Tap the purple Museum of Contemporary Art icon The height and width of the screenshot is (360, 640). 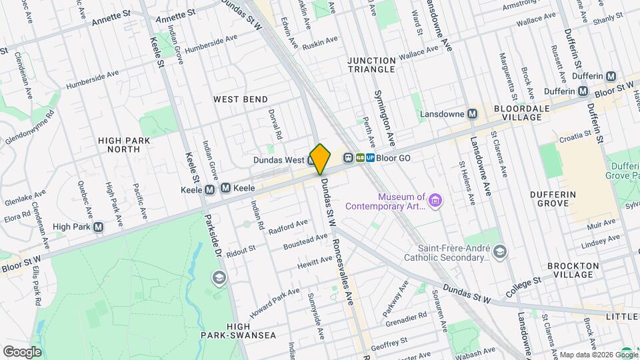pyautogui.click(x=435, y=200)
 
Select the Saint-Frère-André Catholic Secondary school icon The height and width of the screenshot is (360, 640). pyautogui.click(x=500, y=251)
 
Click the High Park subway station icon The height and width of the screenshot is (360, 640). pyautogui.click(x=99, y=227)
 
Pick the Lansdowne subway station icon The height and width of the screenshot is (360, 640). pyautogui.click(x=472, y=114)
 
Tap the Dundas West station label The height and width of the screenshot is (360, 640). pyautogui.click(x=279, y=160)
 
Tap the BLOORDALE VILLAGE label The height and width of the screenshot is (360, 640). pyautogui.click(x=522, y=112)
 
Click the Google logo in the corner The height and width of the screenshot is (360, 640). pyautogui.click(x=22, y=351)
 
